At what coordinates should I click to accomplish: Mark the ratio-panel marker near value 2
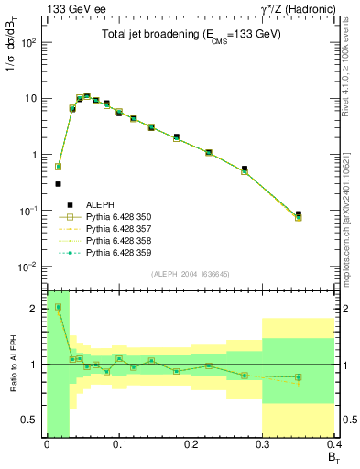(x=58, y=307)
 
